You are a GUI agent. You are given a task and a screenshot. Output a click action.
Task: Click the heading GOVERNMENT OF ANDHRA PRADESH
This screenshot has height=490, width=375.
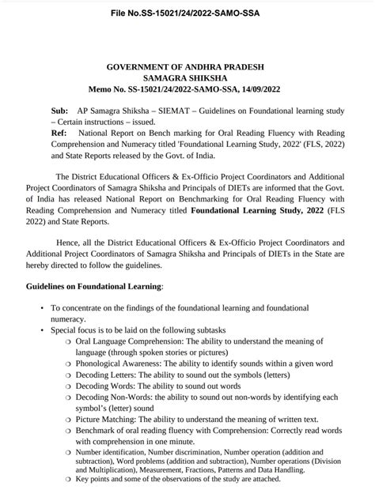point(187,68)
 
